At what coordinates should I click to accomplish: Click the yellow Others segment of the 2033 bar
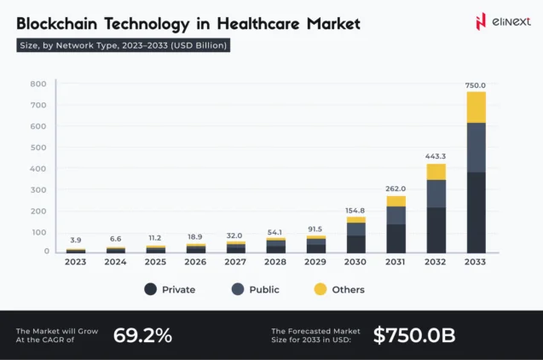click(476, 107)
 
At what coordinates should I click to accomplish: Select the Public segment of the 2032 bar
click(436, 194)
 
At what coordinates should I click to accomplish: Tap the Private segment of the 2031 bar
click(396, 237)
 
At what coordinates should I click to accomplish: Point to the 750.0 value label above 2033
click(476, 85)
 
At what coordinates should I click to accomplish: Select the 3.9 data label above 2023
click(76, 240)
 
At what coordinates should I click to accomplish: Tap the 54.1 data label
click(275, 231)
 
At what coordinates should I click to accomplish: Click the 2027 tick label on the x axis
click(235, 262)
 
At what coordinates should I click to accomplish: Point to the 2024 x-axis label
click(116, 262)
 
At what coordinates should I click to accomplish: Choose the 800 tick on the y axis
click(38, 84)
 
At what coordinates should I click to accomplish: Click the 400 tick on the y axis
click(38, 168)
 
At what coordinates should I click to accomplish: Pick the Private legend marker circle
click(150, 289)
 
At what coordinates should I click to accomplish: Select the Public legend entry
click(255, 289)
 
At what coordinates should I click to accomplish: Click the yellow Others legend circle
click(320, 289)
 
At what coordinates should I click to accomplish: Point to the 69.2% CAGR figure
click(142, 335)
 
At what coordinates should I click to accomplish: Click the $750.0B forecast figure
click(413, 335)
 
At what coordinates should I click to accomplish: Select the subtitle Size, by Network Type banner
click(123, 45)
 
